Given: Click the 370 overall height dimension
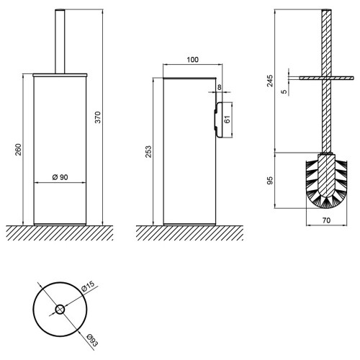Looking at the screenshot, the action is [x=98, y=117].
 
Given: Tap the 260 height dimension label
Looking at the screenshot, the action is [x=18, y=149].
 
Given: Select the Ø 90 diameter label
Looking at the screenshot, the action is [x=60, y=177].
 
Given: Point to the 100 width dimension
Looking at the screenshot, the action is [x=193, y=60].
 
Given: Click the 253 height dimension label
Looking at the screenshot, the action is [x=148, y=151].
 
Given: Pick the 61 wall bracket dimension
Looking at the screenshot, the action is [x=227, y=119].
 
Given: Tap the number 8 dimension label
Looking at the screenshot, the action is [x=220, y=87].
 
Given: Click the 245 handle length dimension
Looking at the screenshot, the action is [x=270, y=81].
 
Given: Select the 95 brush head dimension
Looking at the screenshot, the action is [x=270, y=181].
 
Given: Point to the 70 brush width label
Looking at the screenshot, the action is [x=326, y=220].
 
